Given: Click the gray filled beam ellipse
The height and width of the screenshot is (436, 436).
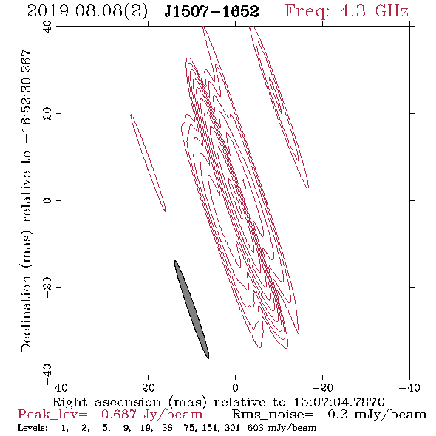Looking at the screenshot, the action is click(191, 310).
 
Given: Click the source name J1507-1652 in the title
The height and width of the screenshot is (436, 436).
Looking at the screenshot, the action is click(211, 12).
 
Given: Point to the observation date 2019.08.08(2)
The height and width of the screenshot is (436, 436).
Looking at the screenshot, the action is click(87, 12).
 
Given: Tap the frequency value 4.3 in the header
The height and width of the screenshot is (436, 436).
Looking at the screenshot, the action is click(352, 11).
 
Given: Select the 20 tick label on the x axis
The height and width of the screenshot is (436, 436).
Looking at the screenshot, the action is click(148, 388).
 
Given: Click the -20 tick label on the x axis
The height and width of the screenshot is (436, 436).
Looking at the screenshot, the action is click(322, 388).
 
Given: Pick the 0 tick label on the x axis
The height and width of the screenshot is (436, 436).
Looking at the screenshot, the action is click(235, 388).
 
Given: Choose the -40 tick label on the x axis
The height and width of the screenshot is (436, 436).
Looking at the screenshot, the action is click(409, 388).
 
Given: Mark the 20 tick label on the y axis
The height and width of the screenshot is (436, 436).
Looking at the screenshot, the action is click(47, 114).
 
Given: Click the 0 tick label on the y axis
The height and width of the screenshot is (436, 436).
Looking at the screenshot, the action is click(47, 200).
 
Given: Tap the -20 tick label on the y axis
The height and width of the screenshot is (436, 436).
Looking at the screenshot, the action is click(47, 287).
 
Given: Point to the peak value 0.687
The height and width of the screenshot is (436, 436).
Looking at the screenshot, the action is click(119, 415).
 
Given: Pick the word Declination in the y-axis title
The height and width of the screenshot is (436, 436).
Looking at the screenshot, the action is click(26, 313).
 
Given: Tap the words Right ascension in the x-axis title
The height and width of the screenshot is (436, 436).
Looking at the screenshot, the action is click(106, 402).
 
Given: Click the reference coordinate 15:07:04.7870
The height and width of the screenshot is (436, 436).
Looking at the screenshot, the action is click(339, 402).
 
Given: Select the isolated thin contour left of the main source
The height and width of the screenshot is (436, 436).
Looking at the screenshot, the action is click(148, 163).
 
